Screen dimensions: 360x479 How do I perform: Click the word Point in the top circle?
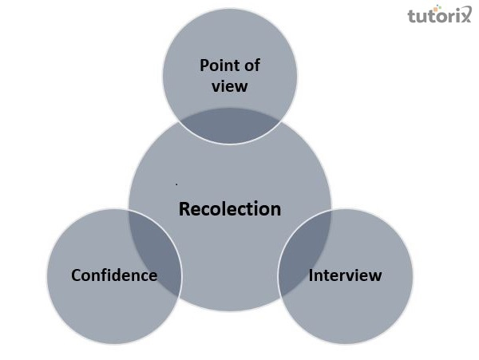(220, 65)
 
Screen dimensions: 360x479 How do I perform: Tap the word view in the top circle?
(230, 85)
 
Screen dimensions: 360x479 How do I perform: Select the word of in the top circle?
(251, 65)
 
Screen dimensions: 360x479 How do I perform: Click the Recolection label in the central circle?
(230, 210)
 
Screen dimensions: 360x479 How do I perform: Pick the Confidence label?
(114, 275)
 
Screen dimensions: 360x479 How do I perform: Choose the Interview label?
(345, 275)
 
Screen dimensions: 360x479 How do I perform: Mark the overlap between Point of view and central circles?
(230, 125)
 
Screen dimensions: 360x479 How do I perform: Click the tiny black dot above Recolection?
(176, 184)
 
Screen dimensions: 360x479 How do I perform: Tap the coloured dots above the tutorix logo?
(461, 6)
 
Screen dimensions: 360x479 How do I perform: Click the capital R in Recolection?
(184, 210)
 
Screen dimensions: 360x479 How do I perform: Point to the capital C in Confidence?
(77, 275)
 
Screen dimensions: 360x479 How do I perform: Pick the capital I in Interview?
(311, 275)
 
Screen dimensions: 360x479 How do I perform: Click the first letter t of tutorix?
(411, 17)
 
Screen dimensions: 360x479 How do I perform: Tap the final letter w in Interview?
(376, 276)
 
